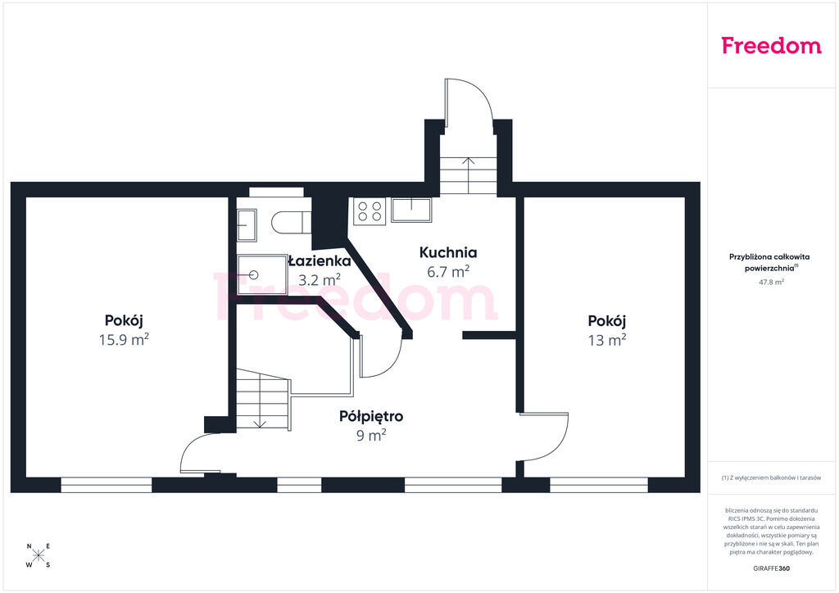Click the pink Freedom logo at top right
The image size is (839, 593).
click(771, 45)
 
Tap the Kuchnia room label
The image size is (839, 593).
click(448, 252)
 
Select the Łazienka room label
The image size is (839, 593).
click(320, 261)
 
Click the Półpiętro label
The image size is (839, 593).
click(371, 416)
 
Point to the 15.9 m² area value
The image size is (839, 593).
click(124, 340)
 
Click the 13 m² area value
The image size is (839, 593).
click(607, 340)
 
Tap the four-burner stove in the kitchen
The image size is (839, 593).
click(370, 210)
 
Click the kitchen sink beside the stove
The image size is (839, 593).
click(411, 210)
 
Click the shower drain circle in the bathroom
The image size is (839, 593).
click(254, 275)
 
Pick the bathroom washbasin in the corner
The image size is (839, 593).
click(247, 225)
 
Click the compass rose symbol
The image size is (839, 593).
click(39, 555)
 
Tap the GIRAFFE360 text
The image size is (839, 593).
click(771, 568)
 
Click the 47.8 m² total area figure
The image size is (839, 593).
click(771, 282)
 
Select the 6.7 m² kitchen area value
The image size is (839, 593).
click(448, 272)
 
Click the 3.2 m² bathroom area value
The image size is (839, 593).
click(320, 279)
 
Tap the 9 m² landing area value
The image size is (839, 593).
click(371, 435)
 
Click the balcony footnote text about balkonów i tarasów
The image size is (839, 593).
click(771, 478)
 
